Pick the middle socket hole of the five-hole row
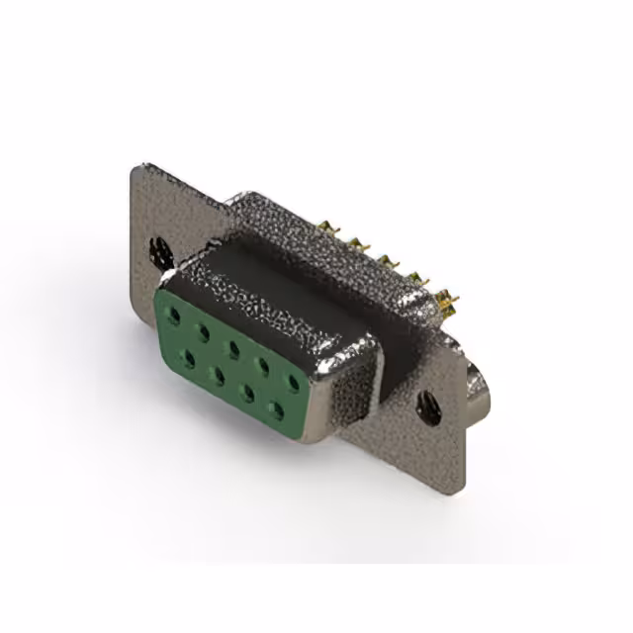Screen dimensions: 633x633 coord(233,348)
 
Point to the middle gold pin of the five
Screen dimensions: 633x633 coord(387,258)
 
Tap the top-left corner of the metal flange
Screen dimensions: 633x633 coord(136,168)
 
